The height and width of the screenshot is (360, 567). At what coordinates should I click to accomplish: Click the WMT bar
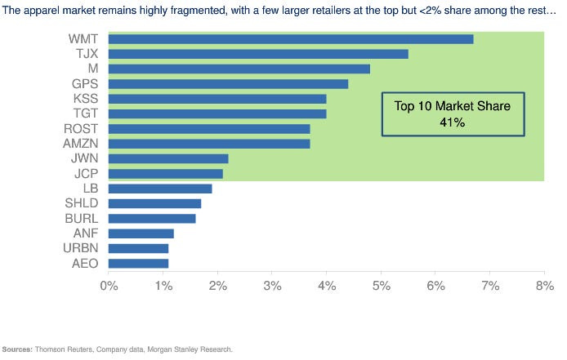[290, 39]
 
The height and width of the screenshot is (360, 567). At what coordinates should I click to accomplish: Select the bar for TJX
[257, 54]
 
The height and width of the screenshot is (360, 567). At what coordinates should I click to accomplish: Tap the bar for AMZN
[208, 144]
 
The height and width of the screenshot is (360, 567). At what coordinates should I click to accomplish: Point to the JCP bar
[165, 174]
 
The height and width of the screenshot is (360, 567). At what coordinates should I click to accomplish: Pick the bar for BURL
[151, 219]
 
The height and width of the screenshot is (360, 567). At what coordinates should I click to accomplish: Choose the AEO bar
[138, 263]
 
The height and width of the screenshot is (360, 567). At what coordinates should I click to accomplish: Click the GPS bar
[228, 84]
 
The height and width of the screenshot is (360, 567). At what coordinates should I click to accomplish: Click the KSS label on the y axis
[86, 99]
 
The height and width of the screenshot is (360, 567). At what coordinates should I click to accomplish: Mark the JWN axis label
[85, 158]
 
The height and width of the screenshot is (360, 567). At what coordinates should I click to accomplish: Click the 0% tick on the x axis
[109, 286]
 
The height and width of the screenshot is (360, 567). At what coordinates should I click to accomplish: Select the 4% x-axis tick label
[326, 286]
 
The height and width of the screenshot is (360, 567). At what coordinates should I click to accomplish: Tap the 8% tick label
[544, 286]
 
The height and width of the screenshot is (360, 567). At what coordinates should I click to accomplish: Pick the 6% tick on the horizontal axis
[435, 286]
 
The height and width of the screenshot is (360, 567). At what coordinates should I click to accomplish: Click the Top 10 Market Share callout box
[453, 113]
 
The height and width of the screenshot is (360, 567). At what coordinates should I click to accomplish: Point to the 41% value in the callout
[453, 122]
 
